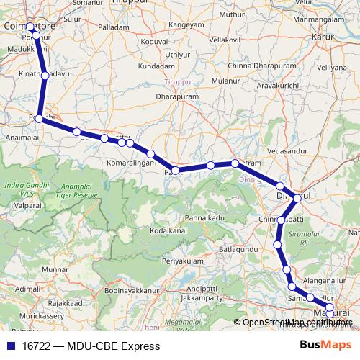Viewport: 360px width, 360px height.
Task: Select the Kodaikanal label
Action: [x=170, y=231]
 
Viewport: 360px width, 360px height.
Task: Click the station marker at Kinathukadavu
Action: [x=45, y=75]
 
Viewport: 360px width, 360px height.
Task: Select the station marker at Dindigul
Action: [x=297, y=197]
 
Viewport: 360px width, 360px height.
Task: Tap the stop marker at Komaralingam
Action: [x=150, y=154]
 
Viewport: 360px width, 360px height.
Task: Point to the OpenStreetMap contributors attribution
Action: [x=297, y=322]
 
